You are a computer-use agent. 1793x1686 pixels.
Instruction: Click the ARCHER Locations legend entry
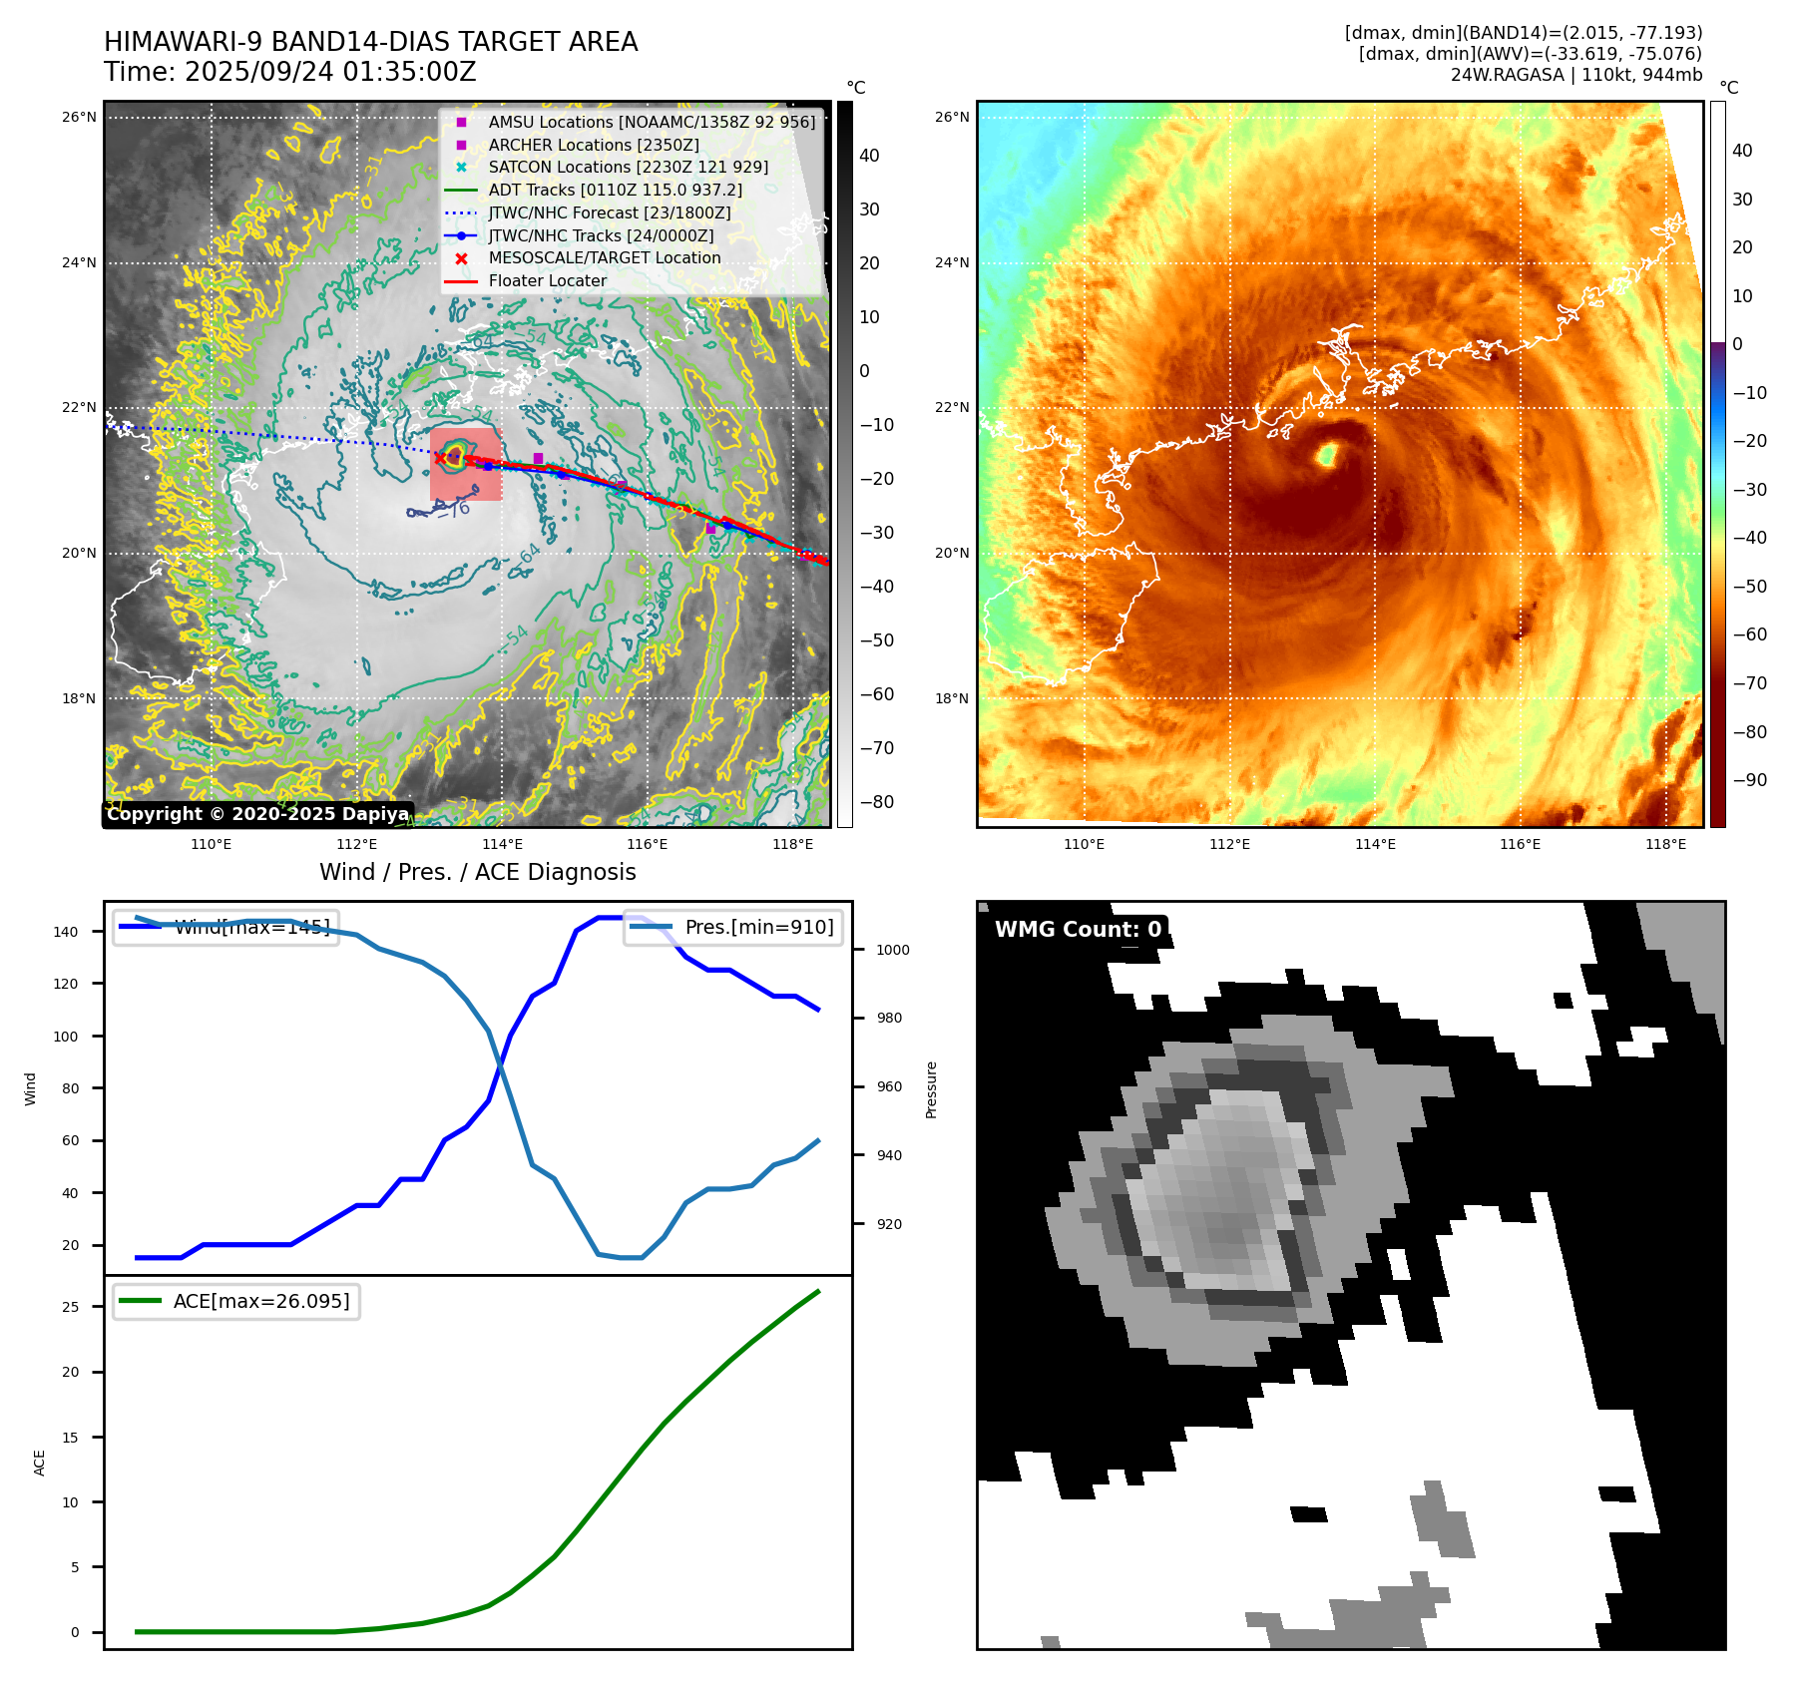click(593, 145)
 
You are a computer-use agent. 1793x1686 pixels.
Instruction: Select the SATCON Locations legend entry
click(628, 168)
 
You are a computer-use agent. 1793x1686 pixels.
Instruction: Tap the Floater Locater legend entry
click(547, 281)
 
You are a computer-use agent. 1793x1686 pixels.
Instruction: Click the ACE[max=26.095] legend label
click(261, 1301)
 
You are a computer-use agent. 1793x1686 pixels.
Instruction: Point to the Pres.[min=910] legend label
click(758, 927)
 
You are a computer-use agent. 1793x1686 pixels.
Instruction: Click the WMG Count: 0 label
click(1078, 930)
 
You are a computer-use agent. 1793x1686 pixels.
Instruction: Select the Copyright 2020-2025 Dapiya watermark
click(257, 814)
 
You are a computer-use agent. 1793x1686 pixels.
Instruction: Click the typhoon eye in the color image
click(1327, 456)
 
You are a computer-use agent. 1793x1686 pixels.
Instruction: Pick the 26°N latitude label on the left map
click(79, 118)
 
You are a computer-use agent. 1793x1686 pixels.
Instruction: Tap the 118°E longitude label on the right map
click(1665, 845)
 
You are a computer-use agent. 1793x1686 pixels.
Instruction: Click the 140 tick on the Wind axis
click(66, 932)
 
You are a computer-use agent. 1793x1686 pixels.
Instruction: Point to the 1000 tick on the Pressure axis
click(893, 950)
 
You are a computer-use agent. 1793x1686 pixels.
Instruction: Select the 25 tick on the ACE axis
click(71, 1307)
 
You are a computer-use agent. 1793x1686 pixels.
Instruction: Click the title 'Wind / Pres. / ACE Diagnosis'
click(477, 872)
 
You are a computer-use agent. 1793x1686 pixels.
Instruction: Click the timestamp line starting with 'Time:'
click(289, 73)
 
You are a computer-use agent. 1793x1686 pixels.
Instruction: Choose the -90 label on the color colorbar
click(1749, 780)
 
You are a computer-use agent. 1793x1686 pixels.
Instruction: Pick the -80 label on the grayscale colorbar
click(877, 802)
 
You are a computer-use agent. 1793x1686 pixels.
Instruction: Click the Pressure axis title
click(931, 1089)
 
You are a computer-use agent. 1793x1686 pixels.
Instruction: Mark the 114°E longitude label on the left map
click(502, 845)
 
